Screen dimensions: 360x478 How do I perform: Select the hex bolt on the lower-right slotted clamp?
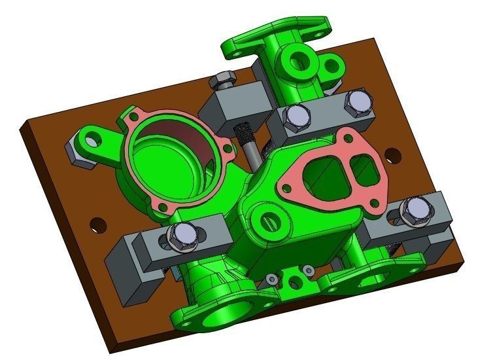[413, 210]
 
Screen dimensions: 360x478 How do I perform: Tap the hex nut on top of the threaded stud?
[224, 78]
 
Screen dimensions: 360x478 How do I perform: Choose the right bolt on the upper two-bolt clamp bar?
[357, 101]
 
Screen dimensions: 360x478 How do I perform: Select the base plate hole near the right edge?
[392, 156]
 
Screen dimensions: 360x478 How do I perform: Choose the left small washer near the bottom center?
[273, 280]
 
